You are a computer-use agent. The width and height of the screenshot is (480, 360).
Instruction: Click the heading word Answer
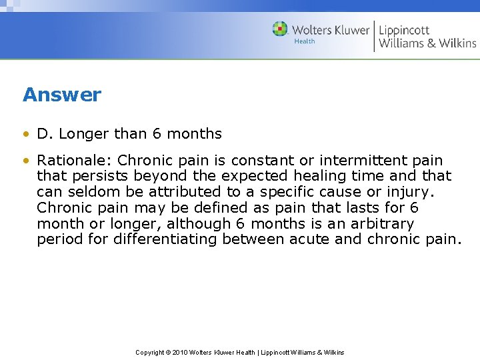(x=62, y=95)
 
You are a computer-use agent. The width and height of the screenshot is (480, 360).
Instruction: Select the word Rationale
(x=73, y=161)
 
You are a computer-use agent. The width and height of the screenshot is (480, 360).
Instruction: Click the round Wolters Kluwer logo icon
(x=280, y=29)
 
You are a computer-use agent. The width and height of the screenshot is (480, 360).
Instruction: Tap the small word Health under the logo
(x=305, y=41)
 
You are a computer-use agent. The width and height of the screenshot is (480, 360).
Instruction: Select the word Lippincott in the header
(x=405, y=30)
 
